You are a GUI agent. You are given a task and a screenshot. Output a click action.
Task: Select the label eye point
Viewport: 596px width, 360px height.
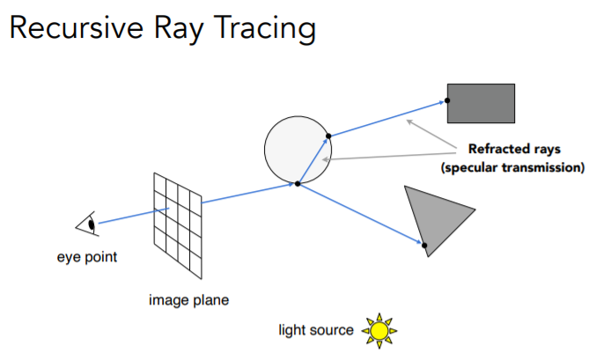click(x=87, y=258)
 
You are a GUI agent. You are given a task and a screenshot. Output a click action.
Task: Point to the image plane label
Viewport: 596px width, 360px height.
click(x=188, y=300)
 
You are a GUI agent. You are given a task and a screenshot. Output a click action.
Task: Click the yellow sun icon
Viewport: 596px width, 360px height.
click(x=379, y=330)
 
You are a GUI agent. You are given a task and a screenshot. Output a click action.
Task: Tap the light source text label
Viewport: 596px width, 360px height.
click(x=318, y=331)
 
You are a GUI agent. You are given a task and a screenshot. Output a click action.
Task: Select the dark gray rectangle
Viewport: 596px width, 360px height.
click(x=481, y=102)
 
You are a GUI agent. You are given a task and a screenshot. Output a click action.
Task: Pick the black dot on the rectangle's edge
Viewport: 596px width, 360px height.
click(x=447, y=101)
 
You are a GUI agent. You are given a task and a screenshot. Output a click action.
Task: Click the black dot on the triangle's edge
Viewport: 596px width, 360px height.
click(x=423, y=245)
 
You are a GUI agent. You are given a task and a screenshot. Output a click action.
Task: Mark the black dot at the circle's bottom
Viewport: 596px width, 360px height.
click(x=298, y=183)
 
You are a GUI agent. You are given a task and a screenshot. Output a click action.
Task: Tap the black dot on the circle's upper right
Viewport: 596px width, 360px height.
click(x=327, y=136)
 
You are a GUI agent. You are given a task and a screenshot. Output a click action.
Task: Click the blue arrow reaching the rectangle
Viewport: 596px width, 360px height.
click(x=387, y=119)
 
